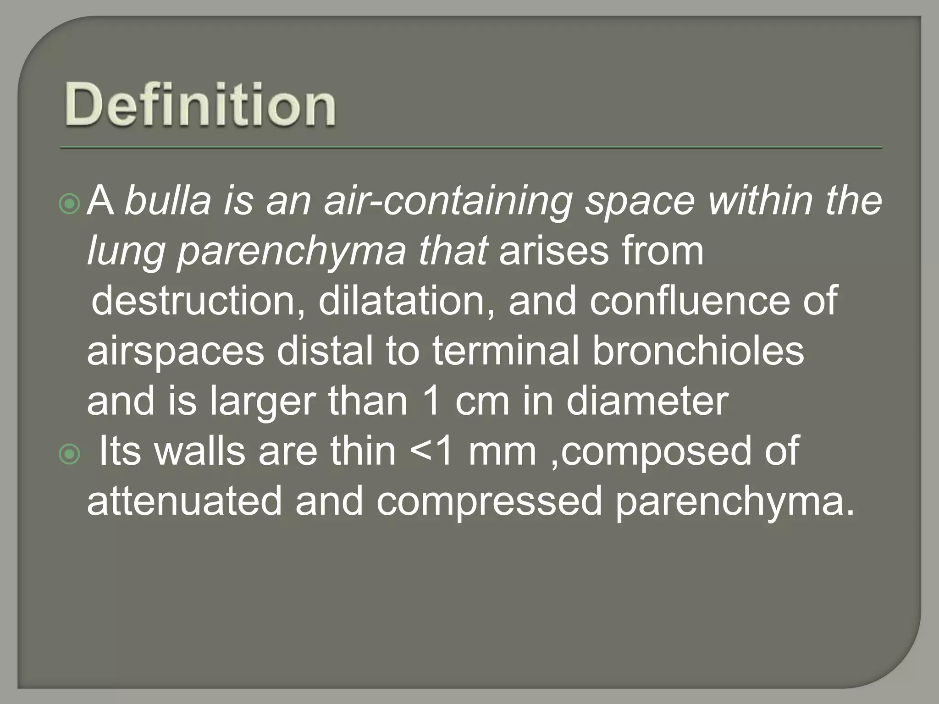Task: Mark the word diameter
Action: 647,401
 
